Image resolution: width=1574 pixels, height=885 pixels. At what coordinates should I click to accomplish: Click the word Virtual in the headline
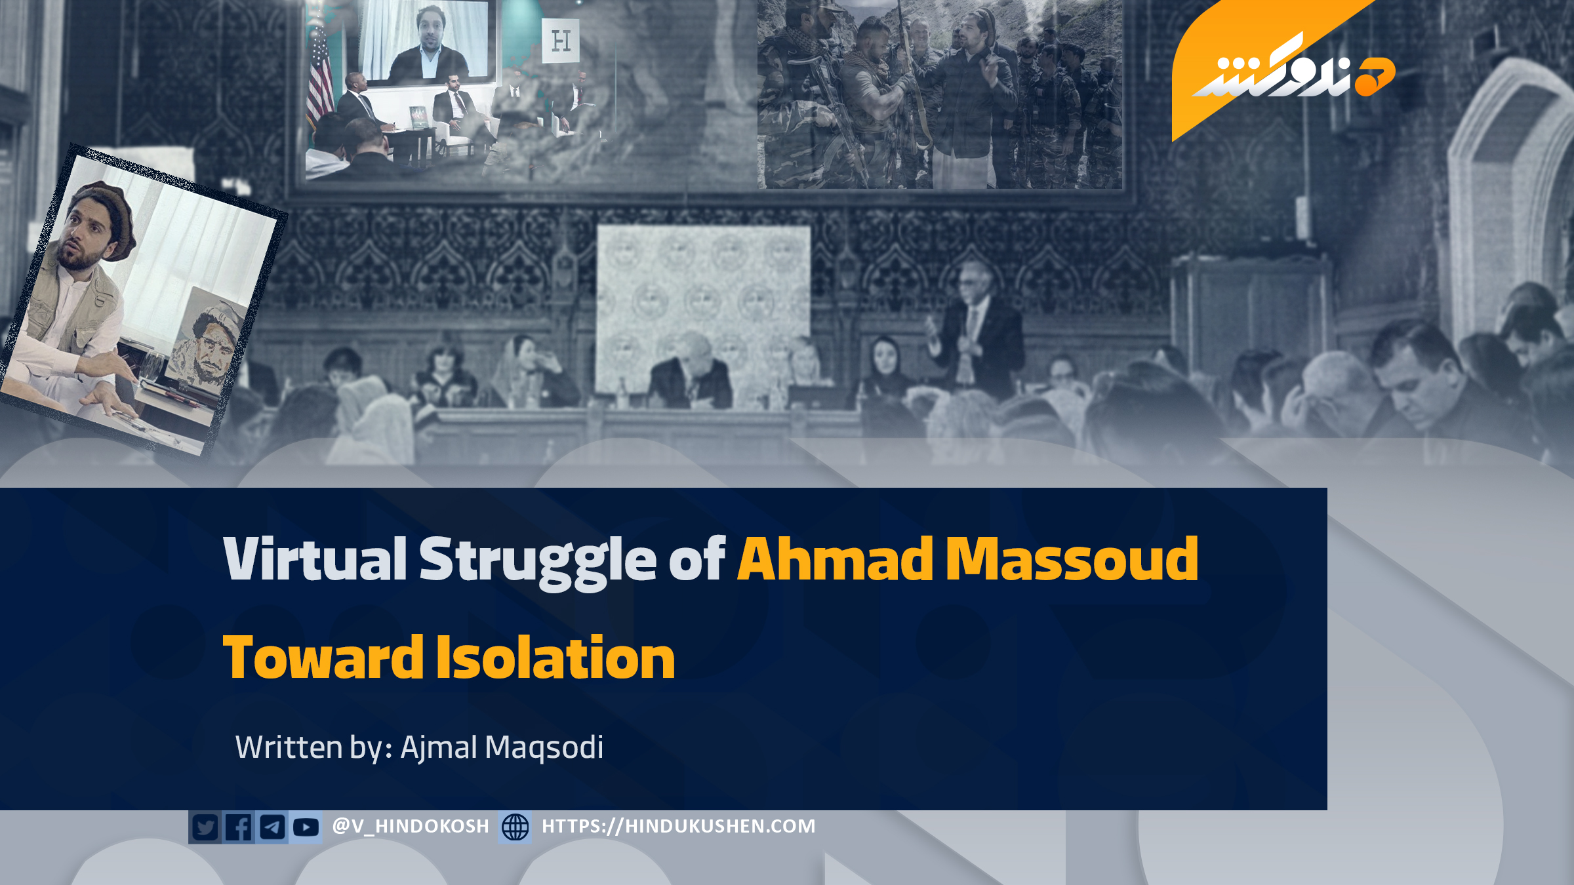(x=315, y=559)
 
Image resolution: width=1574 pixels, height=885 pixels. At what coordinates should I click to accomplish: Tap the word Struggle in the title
(x=538, y=562)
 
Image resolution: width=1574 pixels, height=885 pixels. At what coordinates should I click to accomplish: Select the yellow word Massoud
(x=1072, y=559)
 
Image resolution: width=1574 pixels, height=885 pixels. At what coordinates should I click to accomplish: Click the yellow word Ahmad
(x=835, y=559)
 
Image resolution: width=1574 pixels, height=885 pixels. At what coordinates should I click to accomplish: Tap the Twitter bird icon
(x=205, y=827)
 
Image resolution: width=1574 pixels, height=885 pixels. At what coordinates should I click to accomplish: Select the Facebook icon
(x=239, y=827)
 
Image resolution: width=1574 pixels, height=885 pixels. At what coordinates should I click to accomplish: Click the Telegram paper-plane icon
(x=272, y=827)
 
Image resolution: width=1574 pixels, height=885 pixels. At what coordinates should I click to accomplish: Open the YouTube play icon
(x=306, y=827)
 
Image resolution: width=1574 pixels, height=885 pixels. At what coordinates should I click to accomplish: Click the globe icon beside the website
(x=515, y=827)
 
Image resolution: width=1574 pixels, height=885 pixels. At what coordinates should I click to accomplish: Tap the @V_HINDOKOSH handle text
(x=411, y=826)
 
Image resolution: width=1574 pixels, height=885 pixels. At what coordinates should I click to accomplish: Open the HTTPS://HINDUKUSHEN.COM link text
(x=679, y=826)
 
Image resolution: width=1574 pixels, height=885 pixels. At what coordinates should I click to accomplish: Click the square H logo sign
(x=561, y=41)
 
